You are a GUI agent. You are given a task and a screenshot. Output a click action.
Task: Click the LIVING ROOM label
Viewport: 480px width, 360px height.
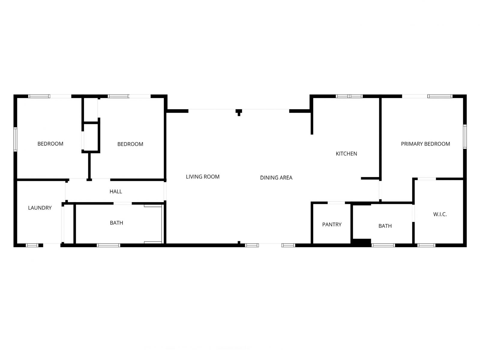202,177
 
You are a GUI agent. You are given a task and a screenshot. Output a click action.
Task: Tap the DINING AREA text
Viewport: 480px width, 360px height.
276,178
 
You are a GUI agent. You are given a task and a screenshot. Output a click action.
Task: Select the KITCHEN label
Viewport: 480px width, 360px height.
346,154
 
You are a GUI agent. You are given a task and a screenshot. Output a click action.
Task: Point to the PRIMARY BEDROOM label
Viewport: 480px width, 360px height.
425,144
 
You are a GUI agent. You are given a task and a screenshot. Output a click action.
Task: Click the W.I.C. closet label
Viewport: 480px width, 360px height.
440,214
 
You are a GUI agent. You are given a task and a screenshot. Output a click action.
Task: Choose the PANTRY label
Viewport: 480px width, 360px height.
332,224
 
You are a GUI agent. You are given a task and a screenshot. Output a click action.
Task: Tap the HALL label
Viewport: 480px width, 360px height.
116,191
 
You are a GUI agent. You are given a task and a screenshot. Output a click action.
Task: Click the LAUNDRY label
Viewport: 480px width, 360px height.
40,208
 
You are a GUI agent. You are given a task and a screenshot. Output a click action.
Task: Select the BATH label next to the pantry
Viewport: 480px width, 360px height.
385,226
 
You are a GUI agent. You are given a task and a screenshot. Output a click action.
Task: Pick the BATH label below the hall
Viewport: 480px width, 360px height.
116,223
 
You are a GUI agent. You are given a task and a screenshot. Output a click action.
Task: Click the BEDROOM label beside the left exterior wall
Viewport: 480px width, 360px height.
50,144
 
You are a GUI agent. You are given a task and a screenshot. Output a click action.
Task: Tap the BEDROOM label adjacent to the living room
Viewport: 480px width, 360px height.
130,144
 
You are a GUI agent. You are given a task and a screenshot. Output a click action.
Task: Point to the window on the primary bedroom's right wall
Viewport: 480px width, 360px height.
465,136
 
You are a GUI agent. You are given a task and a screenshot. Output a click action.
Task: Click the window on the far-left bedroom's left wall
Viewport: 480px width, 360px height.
15,139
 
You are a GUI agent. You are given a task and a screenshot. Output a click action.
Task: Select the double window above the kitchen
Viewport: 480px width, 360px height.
349,96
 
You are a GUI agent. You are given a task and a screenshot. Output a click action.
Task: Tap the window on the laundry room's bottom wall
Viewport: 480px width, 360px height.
32,245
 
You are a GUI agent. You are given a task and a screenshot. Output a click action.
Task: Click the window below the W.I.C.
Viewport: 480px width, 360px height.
426,245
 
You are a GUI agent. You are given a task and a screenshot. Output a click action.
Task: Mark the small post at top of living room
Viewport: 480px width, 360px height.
239,112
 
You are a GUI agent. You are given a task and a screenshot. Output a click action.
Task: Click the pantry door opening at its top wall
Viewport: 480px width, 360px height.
336,203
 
